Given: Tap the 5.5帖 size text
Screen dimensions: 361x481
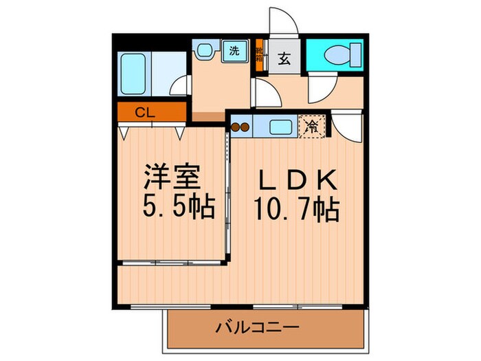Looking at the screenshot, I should point(177,206).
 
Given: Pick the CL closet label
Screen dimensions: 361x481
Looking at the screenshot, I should point(144,111).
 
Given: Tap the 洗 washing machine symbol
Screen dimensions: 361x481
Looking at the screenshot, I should point(234,51).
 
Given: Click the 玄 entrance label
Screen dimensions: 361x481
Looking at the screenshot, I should point(283,58).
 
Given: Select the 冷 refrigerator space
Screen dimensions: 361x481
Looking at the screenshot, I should point(312,127).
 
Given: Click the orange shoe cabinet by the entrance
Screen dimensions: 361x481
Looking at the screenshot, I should point(260,54).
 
